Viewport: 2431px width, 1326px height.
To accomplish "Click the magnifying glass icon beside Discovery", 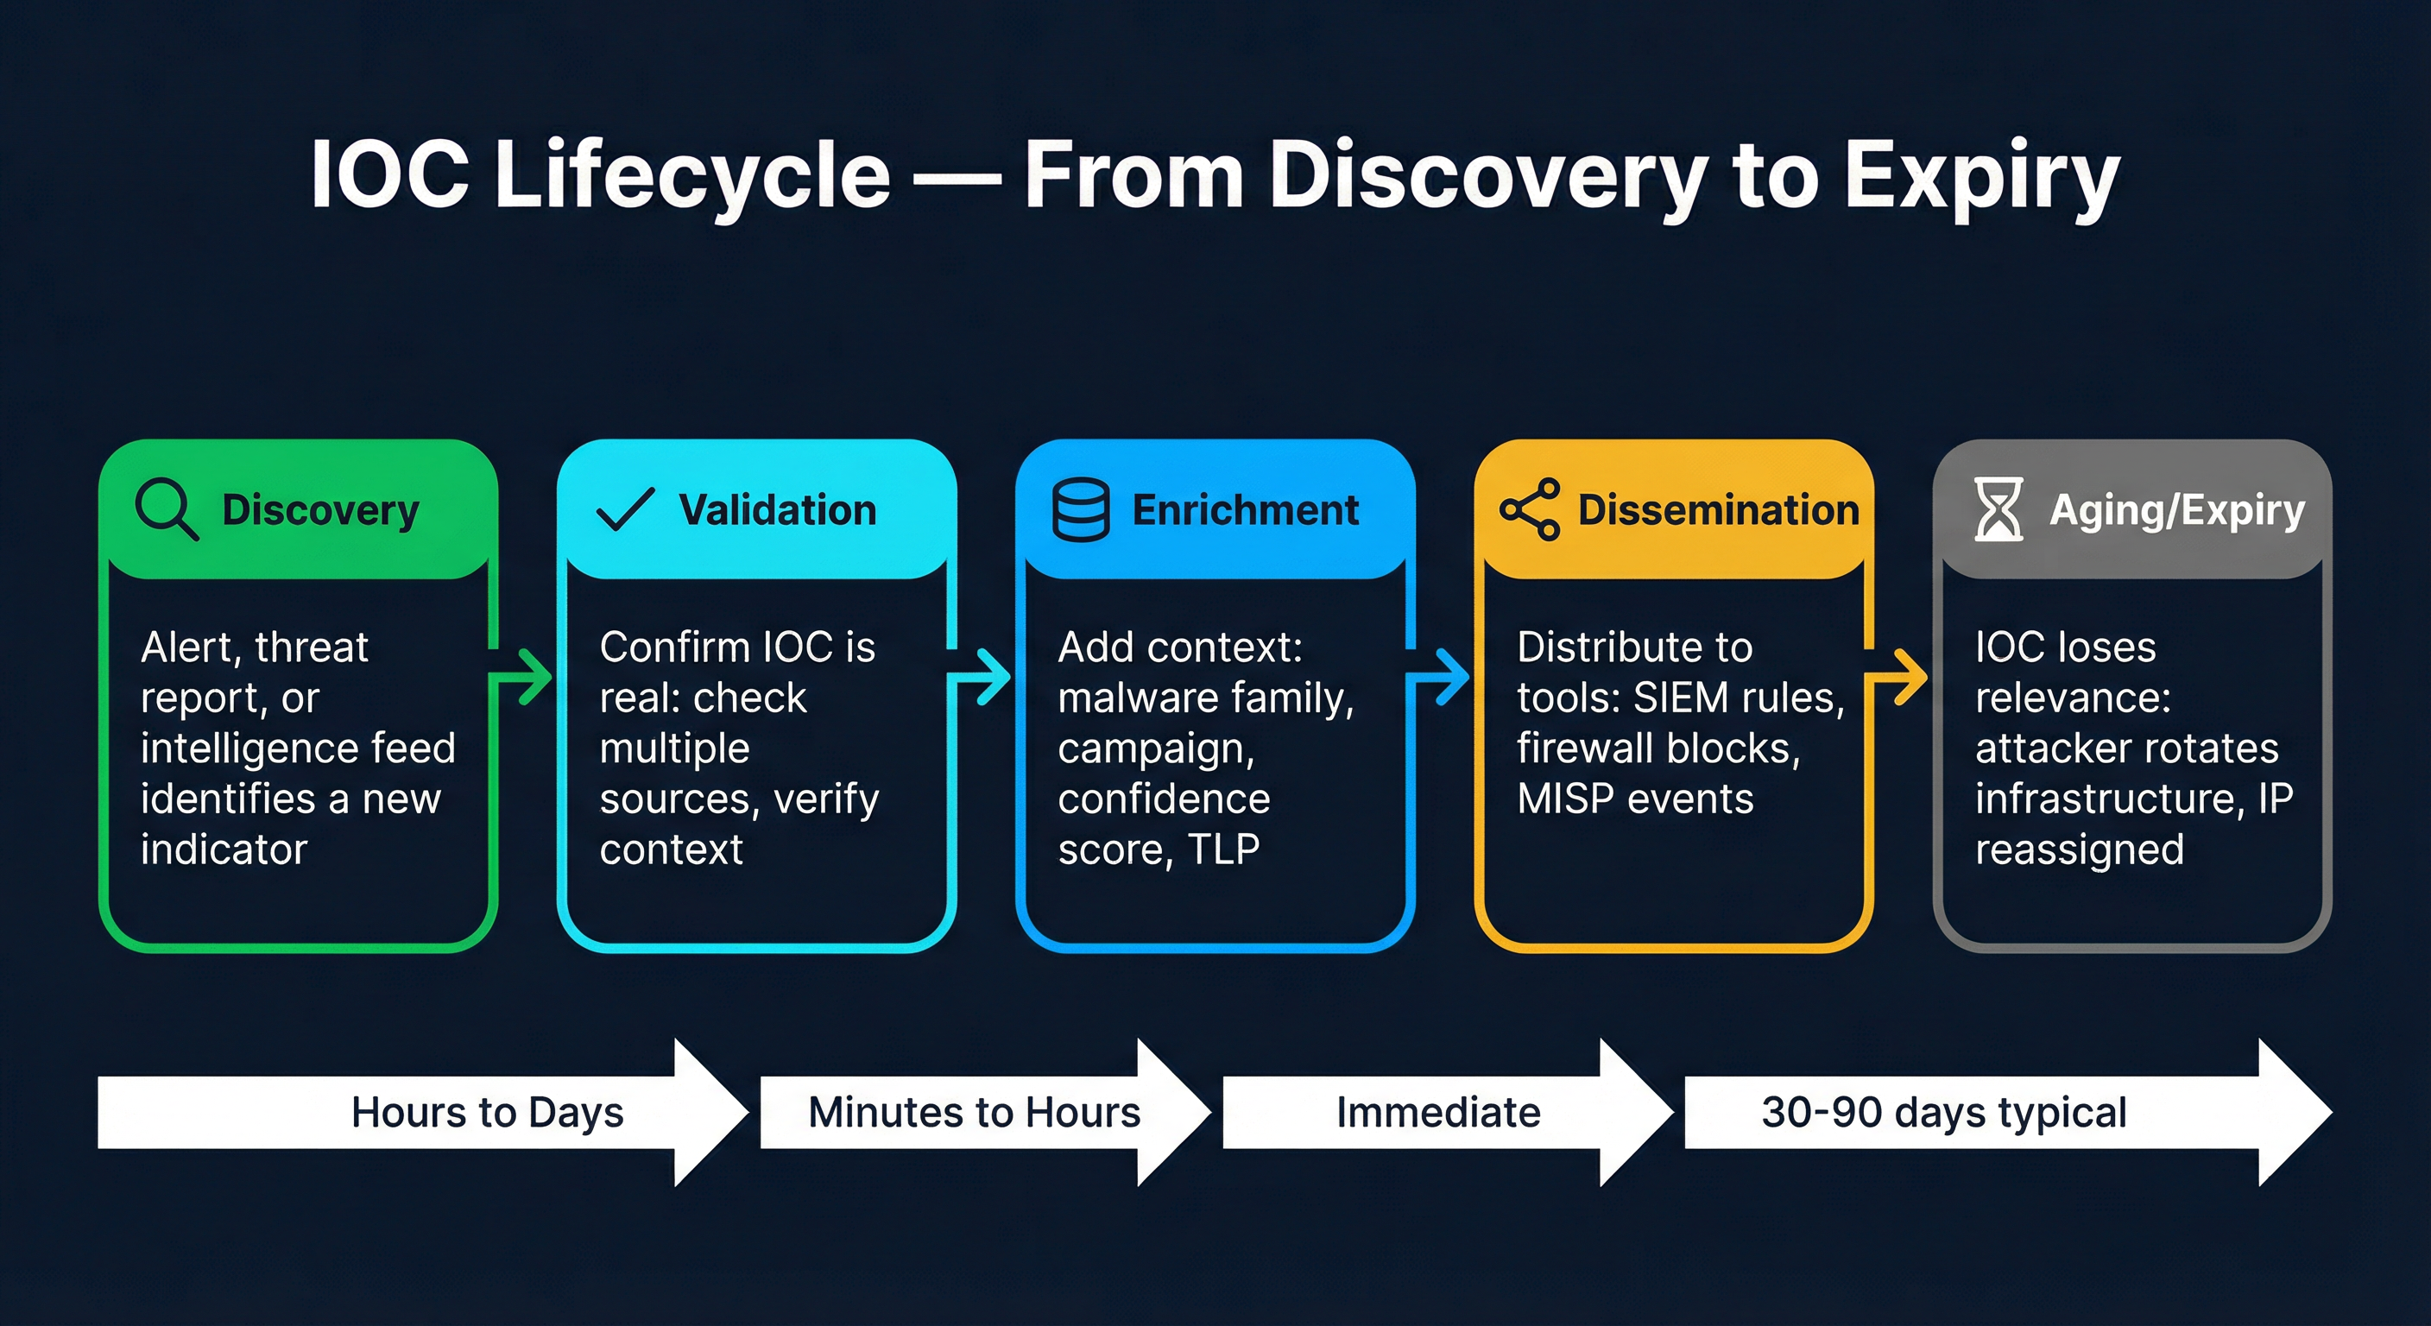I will pos(166,508).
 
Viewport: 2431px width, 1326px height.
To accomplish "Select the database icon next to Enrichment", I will pos(1081,509).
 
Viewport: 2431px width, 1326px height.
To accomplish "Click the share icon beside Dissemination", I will pos(1530,509).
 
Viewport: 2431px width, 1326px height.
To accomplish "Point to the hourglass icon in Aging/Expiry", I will pos(1998,509).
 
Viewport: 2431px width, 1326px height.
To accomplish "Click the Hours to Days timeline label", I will pos(487,1112).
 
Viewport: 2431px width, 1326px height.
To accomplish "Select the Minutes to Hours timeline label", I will pos(974,1112).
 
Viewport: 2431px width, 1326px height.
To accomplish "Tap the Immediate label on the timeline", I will pos(1438,1112).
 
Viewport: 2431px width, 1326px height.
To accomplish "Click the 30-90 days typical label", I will pos(1944,1112).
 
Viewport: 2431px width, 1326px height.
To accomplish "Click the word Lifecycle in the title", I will pos(692,174).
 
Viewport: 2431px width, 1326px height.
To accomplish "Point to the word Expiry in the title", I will pos(1982,174).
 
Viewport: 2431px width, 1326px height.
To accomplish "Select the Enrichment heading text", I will pos(1245,509).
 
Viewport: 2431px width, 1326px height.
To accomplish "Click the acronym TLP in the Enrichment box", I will pos(1223,849).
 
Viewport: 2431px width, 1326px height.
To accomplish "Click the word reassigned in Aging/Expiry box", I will pos(2079,849).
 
